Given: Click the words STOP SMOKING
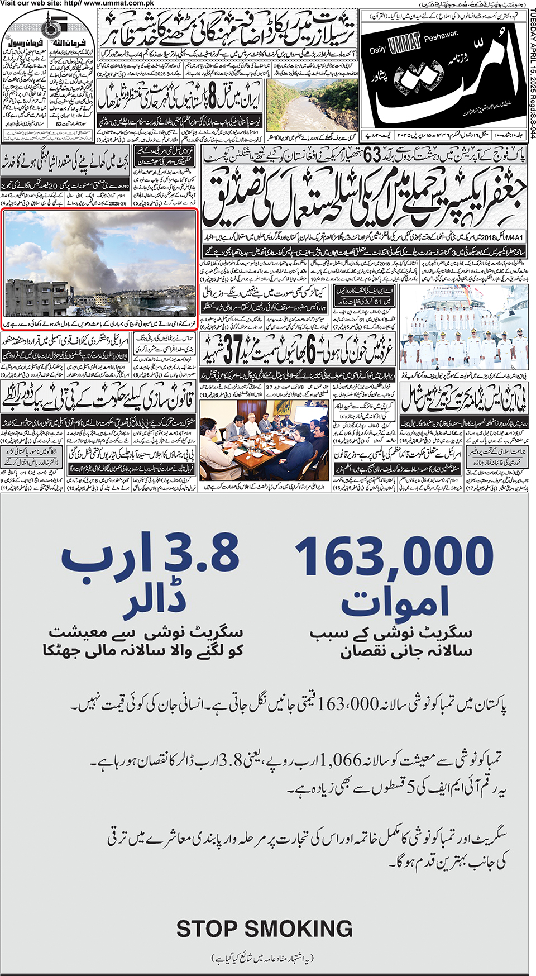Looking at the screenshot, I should click(x=264, y=929).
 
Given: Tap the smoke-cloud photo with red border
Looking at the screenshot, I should click(x=100, y=263).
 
